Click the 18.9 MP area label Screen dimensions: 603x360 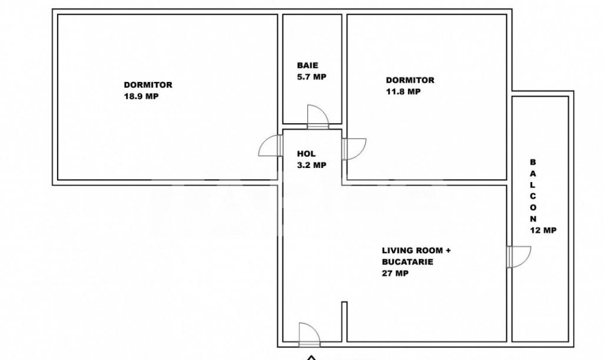click(141, 96)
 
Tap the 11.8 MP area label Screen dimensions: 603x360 click(403, 91)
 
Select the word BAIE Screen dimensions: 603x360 click(307, 65)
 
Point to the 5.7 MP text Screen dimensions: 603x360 click(312, 77)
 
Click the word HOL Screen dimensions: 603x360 click(306, 154)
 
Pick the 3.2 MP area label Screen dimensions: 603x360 click(312, 165)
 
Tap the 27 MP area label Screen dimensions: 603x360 click(395, 273)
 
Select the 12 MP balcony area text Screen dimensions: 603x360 click(544, 230)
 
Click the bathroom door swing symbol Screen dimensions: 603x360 click(318, 117)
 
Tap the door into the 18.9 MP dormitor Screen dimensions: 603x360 click(270, 146)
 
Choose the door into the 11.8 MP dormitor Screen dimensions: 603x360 click(354, 149)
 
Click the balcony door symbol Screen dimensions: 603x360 click(519, 256)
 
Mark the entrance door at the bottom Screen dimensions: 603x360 click(309, 335)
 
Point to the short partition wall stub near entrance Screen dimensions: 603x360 click(344, 322)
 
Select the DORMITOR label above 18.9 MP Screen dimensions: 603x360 click(148, 85)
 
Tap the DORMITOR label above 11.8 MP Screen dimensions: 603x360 click(410, 80)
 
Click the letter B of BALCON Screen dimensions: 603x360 click(532, 162)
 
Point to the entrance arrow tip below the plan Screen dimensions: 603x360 click(311, 356)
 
